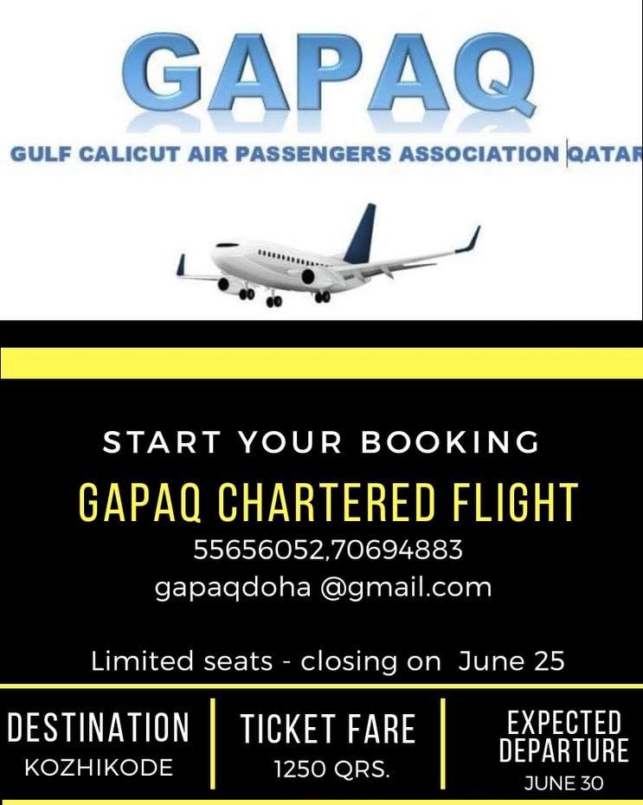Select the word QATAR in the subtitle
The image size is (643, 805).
[x=606, y=154]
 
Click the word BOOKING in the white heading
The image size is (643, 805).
[x=450, y=442]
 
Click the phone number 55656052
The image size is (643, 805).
[x=259, y=550]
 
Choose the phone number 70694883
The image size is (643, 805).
[x=396, y=550]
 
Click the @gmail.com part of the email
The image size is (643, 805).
[x=406, y=588]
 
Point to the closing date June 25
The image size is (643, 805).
[x=511, y=660]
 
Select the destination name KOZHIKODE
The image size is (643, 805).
[x=99, y=768]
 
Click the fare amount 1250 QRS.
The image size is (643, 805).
[x=331, y=769]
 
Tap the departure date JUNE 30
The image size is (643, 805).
[x=564, y=783]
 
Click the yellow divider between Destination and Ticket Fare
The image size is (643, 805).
[x=212, y=744]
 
